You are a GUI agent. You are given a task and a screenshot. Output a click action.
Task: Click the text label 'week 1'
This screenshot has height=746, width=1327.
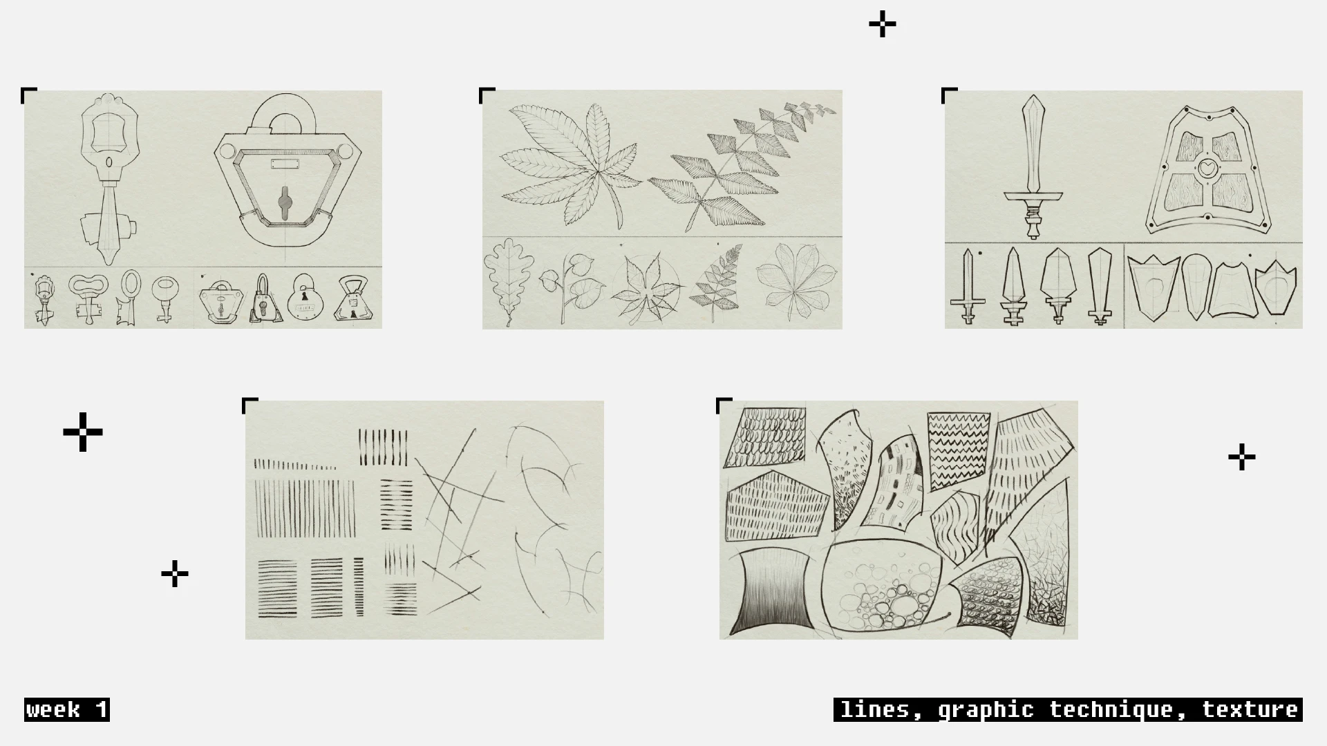click(x=67, y=710)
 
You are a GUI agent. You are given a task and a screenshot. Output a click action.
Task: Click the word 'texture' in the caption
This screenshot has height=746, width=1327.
click(x=1250, y=710)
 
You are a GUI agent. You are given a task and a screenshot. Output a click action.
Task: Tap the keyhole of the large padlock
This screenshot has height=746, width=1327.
click(x=285, y=201)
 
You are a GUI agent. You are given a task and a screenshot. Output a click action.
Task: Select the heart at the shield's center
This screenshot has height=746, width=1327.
click(x=1207, y=167)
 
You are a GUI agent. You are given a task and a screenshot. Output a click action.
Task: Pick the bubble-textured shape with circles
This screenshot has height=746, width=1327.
click(x=881, y=587)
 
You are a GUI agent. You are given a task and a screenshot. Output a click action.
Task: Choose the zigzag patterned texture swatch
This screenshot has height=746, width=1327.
click(x=957, y=450)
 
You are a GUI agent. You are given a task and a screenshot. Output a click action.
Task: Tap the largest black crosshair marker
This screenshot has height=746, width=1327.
click(x=83, y=432)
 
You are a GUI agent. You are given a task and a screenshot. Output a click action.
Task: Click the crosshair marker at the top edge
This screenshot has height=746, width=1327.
click(x=883, y=25)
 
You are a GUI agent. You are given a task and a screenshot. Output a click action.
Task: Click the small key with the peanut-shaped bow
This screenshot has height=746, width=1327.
click(x=88, y=297)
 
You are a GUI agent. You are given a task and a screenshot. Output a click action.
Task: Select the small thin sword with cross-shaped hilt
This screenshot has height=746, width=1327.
click(x=968, y=286)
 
